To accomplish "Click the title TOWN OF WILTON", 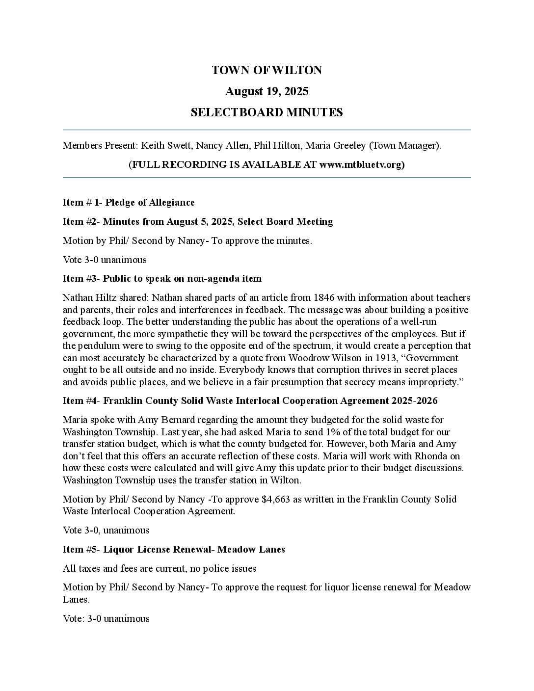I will [267, 70].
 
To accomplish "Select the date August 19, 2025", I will [267, 91].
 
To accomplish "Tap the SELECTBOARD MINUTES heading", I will [267, 112].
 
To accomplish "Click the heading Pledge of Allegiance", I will [150, 202].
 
